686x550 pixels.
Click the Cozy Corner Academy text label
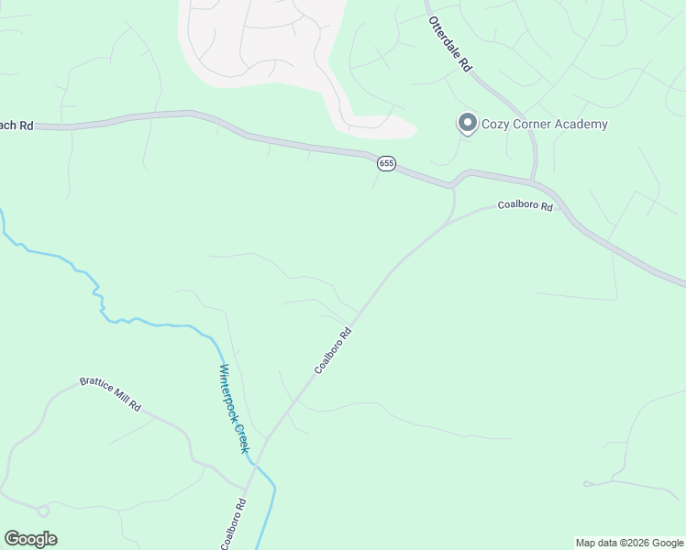[x=545, y=125]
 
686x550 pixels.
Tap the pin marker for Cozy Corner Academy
[x=467, y=123]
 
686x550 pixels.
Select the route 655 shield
[x=386, y=163]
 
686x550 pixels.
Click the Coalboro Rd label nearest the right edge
[x=526, y=207]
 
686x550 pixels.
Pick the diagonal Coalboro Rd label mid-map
[x=333, y=351]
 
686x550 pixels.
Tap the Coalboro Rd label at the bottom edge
[x=234, y=524]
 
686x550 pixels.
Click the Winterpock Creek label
[x=234, y=409]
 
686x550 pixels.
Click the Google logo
[x=30, y=539]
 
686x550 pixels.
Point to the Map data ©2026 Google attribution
[x=630, y=543]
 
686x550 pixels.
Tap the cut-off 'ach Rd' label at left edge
[x=17, y=126]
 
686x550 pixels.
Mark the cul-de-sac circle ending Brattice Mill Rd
[x=42, y=510]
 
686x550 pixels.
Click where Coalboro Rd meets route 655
[x=452, y=187]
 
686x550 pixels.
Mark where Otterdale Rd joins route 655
[x=533, y=179]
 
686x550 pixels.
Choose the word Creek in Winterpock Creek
[x=241, y=437]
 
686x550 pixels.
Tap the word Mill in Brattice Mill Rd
[x=120, y=398]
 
